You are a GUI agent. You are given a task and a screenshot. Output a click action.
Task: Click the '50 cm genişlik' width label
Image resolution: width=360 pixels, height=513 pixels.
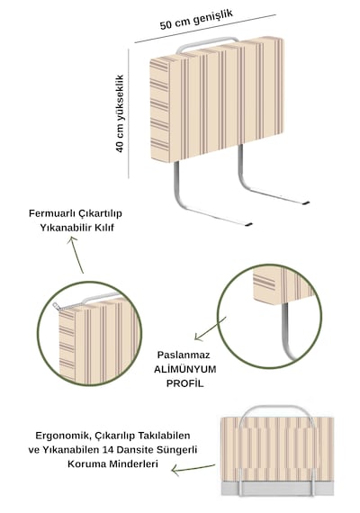[196, 19]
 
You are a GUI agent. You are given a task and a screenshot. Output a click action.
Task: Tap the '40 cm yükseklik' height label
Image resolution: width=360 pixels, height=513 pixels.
[120, 113]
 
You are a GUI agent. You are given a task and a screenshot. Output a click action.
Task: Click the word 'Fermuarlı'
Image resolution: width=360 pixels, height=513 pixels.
[53, 213]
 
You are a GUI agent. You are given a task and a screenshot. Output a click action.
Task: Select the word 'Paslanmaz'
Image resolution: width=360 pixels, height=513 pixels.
[184, 355]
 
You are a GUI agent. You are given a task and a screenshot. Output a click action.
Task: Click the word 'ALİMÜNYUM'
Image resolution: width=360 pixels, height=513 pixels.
[184, 369]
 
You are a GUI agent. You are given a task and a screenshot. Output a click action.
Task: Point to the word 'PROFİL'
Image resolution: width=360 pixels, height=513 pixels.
[184, 383]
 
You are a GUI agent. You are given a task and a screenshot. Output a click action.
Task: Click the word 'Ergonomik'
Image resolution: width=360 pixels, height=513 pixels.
[64, 436]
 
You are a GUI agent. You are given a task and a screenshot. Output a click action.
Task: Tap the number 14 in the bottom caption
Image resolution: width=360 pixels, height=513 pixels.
[108, 450]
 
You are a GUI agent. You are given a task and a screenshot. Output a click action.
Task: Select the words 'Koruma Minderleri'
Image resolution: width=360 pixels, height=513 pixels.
[112, 463]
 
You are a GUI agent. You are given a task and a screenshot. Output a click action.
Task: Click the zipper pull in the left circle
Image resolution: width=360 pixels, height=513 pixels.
[56, 306]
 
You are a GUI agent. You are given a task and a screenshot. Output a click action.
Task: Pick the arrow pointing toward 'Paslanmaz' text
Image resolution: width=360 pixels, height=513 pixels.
[210, 328]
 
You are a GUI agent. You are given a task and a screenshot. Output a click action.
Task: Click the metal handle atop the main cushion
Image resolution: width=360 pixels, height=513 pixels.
[206, 42]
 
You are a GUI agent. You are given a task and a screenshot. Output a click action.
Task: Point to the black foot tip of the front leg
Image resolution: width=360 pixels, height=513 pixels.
[248, 225]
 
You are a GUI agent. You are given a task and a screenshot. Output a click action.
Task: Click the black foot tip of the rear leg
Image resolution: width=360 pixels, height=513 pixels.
[306, 203]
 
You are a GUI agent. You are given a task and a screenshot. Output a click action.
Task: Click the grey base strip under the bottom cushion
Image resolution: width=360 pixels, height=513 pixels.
[277, 488]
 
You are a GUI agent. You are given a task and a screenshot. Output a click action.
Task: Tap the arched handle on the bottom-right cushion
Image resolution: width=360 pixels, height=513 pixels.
[277, 408]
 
